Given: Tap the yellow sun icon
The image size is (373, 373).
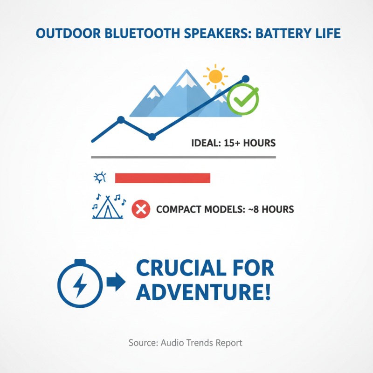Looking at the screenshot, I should [215, 75].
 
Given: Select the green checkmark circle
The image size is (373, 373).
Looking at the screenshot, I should [243, 99].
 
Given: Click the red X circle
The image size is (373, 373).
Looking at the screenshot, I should [140, 209].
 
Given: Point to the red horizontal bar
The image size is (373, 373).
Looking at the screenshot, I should [163, 178].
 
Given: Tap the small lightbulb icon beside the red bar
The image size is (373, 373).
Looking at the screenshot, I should [100, 178].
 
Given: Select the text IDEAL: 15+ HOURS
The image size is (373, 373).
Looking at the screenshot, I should [234, 143].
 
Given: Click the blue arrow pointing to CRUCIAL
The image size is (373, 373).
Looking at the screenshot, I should [116, 282].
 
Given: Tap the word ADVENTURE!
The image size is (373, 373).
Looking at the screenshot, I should [203, 292].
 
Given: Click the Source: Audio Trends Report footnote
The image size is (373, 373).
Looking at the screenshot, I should [186, 343].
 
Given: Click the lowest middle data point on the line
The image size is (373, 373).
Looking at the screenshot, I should [152, 137].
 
